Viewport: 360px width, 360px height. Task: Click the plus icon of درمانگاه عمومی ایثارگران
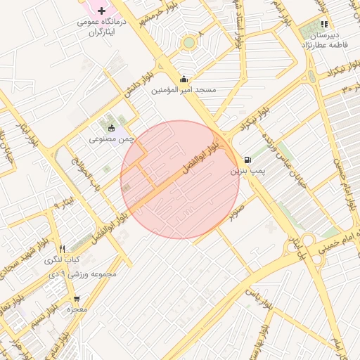[103, 11]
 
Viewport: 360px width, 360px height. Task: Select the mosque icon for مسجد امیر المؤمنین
[184, 79]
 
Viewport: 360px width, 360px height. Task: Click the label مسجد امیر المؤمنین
[184, 91]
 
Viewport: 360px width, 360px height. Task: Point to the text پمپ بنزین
[247, 171]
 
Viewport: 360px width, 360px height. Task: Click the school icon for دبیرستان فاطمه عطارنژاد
[323, 24]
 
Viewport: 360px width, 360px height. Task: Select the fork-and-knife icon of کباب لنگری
[62, 249]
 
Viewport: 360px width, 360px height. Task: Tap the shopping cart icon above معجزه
[75, 297]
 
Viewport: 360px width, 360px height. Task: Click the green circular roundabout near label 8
[188, 44]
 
